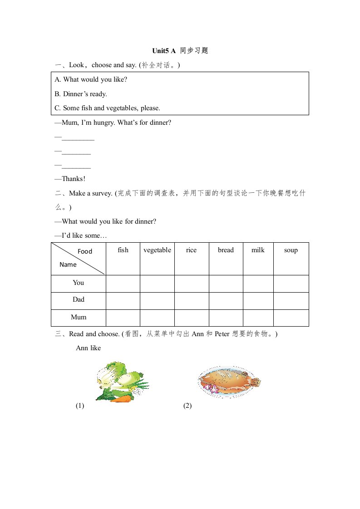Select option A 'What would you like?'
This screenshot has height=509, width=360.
[x=91, y=79]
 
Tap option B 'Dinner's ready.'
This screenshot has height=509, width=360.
[x=81, y=94]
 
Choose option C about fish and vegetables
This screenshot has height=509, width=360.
[x=108, y=108]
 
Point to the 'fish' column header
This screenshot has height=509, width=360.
[x=123, y=250]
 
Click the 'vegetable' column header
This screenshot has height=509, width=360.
[x=157, y=250]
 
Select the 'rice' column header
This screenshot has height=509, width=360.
[x=192, y=250]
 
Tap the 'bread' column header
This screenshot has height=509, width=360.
[x=226, y=250]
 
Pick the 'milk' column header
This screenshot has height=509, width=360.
[x=258, y=250]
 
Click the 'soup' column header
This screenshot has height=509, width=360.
[x=291, y=250]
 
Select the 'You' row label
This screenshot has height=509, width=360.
[x=79, y=283]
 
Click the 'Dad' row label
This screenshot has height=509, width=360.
[x=79, y=300]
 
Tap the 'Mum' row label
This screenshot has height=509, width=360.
[x=79, y=317]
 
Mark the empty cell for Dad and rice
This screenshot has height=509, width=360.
[x=192, y=301]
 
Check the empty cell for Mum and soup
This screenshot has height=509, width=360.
[x=291, y=318]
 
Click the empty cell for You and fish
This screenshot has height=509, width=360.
[x=123, y=284]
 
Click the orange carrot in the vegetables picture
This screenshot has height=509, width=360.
[x=121, y=399]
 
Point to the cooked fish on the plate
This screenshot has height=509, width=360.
[x=229, y=381]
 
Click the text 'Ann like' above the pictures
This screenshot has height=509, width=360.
[x=88, y=348]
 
